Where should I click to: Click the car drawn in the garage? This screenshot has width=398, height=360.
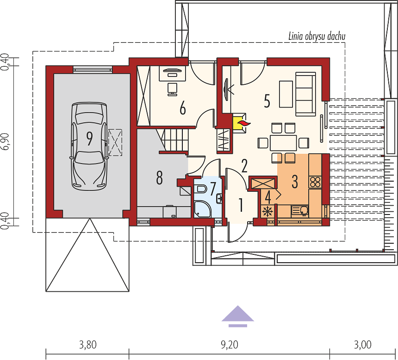[89, 146]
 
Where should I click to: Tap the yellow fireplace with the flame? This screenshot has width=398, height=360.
[240, 123]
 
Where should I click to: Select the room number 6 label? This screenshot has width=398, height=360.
[182, 108]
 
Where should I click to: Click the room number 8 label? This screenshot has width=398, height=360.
[159, 177]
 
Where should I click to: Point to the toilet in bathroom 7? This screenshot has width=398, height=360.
[201, 189]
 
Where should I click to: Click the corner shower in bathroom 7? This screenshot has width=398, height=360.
[202, 209]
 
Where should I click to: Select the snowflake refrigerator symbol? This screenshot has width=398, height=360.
[267, 212]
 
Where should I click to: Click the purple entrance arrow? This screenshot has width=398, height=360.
[237, 316]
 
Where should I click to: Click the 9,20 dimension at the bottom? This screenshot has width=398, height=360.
[230, 345]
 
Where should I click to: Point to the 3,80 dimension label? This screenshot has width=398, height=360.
[88, 345]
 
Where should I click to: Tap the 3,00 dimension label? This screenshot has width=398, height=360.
[363, 345]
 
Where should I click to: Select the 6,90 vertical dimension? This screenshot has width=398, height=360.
[5, 141]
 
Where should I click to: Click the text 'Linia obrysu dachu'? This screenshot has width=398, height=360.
[317, 36]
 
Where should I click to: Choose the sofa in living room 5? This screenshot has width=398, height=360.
[305, 94]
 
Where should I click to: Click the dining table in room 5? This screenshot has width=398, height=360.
[283, 143]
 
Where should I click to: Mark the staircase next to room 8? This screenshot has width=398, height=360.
[174, 139]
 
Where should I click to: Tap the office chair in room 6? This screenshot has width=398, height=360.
[173, 89]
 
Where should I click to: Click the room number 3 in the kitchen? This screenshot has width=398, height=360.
[294, 182]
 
